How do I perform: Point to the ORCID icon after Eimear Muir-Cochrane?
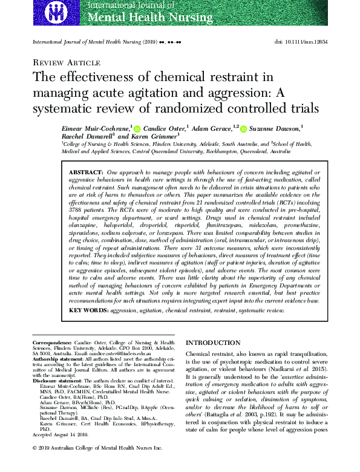(137, 128)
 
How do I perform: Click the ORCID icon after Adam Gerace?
(243, 128)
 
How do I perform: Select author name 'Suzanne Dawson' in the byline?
(275, 128)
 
